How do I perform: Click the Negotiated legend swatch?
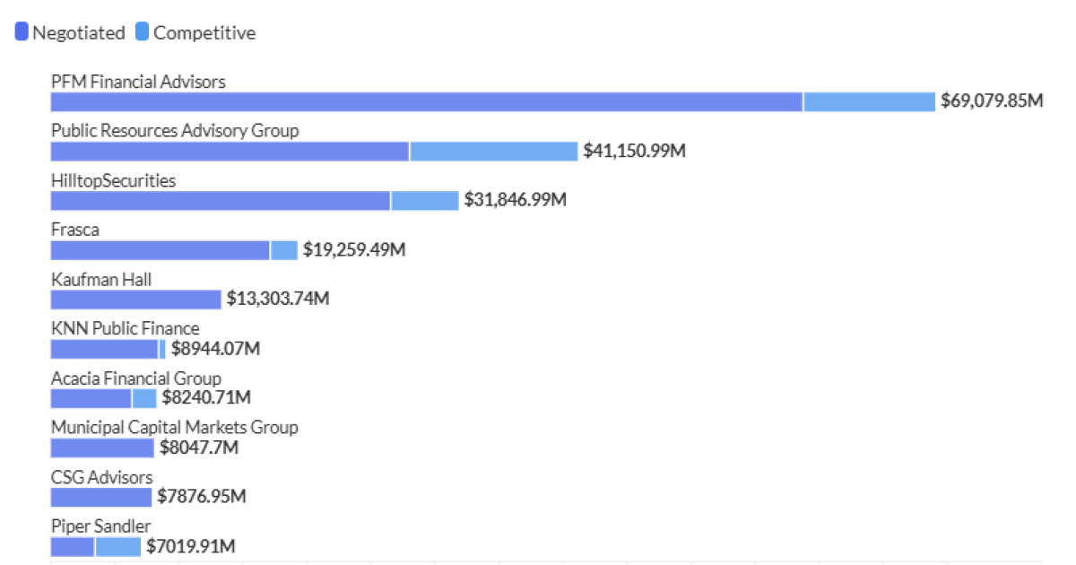pos(22,33)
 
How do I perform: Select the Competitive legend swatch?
pos(143,33)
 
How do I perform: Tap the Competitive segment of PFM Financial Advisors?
pos(869,101)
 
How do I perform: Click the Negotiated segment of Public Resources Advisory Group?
pos(230,151)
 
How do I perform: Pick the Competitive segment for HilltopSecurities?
pos(424,200)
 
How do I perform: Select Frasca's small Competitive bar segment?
pos(284,250)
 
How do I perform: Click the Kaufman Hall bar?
pos(135,300)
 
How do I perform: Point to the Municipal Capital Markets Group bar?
pos(102,448)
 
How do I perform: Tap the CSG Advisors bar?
pos(100,497)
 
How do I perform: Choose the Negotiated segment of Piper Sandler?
pos(72,546)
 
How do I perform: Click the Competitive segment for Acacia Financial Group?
pos(144,398)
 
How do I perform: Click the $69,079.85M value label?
pos(992,101)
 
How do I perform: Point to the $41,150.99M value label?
pos(635,151)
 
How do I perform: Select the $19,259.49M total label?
pos(354,250)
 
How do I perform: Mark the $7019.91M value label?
pos(191,546)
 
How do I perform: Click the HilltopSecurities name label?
pos(113,181)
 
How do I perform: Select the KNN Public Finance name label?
pos(125,329)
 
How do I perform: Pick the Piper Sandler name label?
pos(100,526)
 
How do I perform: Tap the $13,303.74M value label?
pos(278,300)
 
